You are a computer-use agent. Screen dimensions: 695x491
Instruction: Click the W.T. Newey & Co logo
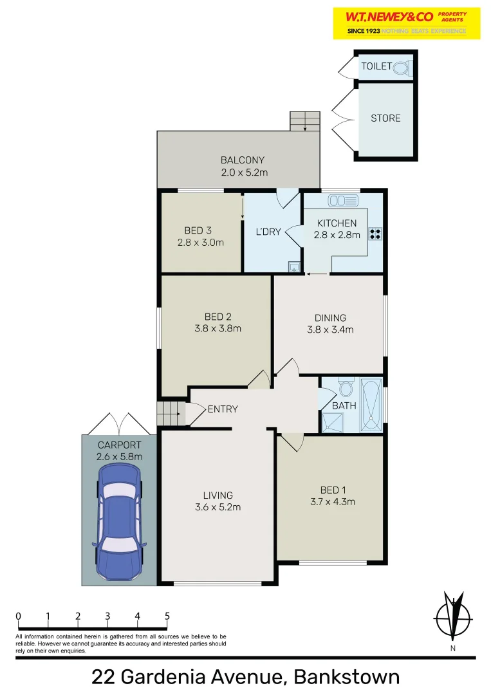tap(406, 23)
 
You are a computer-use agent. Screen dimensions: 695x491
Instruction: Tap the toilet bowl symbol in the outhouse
tap(401, 67)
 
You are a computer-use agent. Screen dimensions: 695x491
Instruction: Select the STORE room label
tap(385, 118)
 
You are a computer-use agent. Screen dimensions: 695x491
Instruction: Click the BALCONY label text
tap(243, 160)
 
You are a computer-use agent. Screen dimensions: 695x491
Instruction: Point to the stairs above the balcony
tap(304, 121)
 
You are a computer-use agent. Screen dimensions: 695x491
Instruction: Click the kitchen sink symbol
tap(342, 201)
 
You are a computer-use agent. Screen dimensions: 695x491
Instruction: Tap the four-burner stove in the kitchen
tap(375, 234)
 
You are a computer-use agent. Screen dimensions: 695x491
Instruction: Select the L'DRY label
tap(268, 232)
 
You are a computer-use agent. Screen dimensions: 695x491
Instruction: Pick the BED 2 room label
tap(218, 317)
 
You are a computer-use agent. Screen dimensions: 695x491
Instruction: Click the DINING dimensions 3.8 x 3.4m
tap(330, 329)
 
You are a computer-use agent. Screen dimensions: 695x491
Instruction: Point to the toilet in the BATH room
tap(346, 388)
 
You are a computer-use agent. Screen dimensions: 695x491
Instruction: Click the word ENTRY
tap(223, 409)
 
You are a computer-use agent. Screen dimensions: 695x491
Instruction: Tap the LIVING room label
tap(218, 496)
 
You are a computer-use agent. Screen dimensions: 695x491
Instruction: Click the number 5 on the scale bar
tap(167, 616)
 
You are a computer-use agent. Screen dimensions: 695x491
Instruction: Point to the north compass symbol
tap(454, 616)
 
